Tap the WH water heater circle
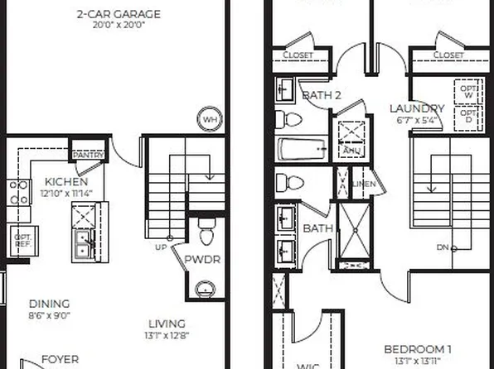[x=209, y=119]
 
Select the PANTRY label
[x=87, y=155]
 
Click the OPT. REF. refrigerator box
[x=22, y=241]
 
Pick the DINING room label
[x=49, y=304]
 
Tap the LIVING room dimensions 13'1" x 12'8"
[x=167, y=335]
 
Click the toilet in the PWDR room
[x=207, y=226]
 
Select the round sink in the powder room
[x=205, y=289]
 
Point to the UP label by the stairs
[x=160, y=247]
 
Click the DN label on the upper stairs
[x=443, y=247]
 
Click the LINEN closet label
[x=364, y=184]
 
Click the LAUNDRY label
[x=417, y=108]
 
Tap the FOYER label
[x=60, y=359]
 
